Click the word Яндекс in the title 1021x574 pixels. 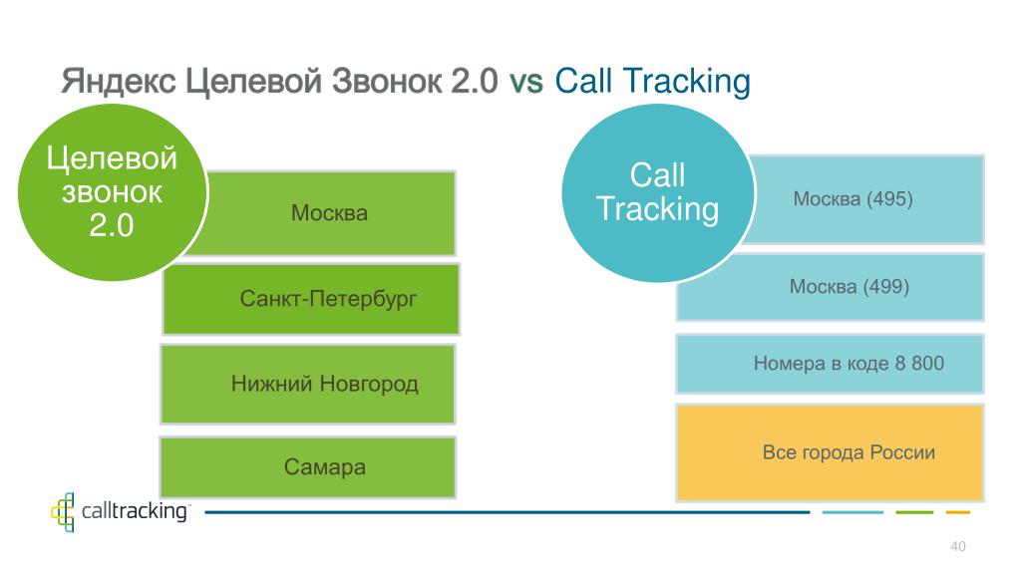pos(119,82)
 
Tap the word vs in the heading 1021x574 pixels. pos(526,82)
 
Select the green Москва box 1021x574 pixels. pos(329,213)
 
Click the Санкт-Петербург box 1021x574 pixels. pos(311,299)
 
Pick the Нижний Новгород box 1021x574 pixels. pos(308,384)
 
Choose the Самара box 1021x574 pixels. pos(308,467)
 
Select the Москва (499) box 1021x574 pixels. pos(831,287)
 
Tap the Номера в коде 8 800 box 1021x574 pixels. pos(831,364)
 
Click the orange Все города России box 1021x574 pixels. pos(831,453)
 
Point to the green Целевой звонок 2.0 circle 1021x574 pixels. pos(112,192)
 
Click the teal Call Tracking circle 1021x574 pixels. pos(658,192)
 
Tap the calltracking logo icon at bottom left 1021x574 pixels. pos(63,512)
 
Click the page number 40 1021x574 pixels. pos(958,546)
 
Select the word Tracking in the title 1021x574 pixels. pos(687,83)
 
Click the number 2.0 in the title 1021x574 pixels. pos(474,82)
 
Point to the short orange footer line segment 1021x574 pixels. pos(958,512)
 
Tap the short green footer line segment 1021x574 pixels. pos(914,512)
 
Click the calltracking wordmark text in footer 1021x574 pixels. pos(135,511)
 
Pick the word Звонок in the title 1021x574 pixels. pos(386,82)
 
